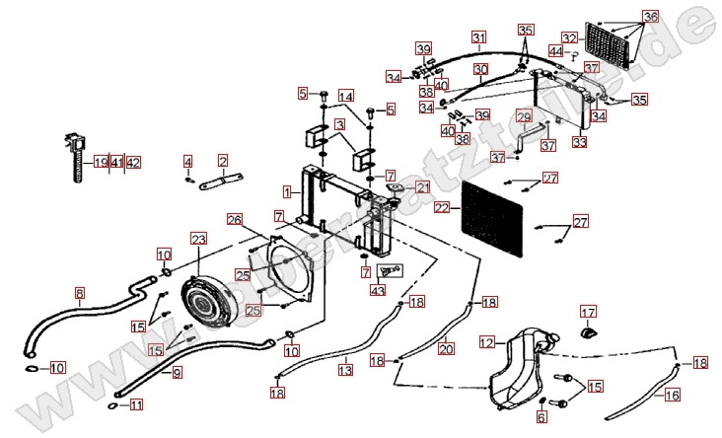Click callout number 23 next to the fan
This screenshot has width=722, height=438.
point(198,239)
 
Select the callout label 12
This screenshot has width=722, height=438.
point(486,342)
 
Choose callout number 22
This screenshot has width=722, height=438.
point(441,208)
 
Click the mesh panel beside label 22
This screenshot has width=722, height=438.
point(496,215)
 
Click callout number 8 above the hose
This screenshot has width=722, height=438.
point(80,292)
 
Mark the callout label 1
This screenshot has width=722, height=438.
point(285,189)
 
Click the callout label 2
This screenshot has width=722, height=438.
point(223,160)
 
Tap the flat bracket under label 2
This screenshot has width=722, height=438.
point(224,182)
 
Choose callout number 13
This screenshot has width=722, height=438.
point(345,370)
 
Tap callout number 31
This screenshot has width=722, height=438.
point(479,38)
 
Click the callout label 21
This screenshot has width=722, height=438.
point(422,187)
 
